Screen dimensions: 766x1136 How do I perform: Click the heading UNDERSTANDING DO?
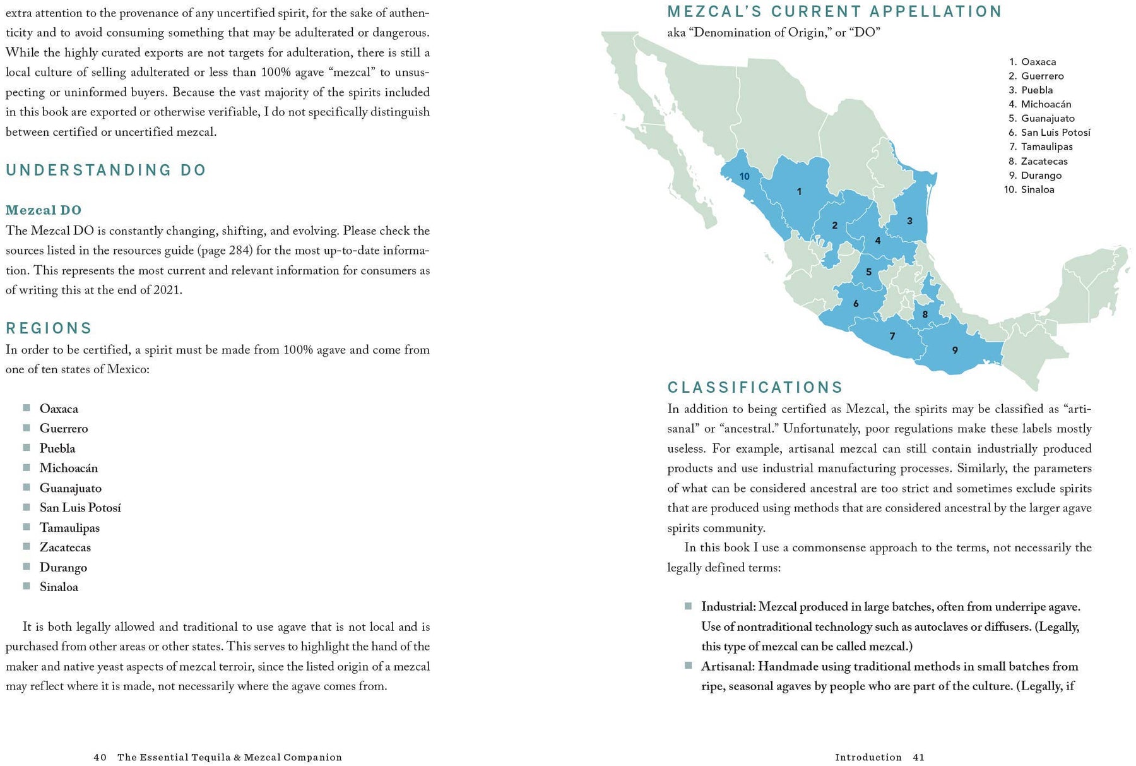(x=106, y=171)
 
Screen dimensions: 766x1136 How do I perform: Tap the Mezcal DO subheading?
(x=44, y=210)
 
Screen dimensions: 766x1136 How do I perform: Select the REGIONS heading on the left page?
(x=49, y=328)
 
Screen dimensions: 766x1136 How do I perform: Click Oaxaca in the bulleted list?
(x=59, y=409)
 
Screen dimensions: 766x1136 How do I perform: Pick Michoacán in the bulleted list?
(x=69, y=468)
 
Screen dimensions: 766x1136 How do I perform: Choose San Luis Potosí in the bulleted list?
(x=80, y=508)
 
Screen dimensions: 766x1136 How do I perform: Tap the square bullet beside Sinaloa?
(x=27, y=587)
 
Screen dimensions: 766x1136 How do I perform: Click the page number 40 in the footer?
(x=100, y=757)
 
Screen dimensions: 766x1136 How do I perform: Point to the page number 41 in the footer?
(x=918, y=757)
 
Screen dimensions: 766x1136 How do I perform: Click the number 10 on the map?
(x=745, y=177)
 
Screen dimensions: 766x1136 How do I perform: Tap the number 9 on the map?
(x=955, y=350)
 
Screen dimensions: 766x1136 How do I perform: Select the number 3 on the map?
(x=909, y=221)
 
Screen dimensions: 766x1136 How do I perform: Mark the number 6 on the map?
(x=856, y=304)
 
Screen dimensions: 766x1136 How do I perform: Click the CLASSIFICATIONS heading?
(x=755, y=388)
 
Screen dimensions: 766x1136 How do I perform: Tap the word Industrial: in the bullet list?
(x=728, y=607)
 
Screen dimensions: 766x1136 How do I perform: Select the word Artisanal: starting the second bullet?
(x=728, y=666)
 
